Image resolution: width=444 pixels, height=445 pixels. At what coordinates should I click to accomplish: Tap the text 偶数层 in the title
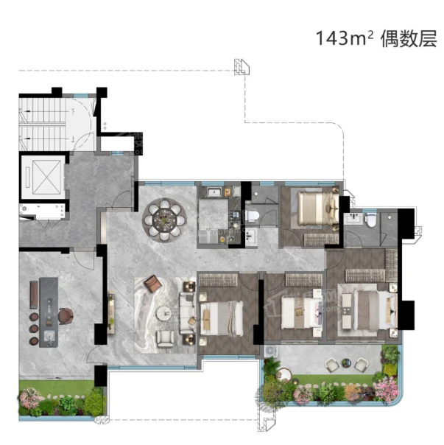point(409,38)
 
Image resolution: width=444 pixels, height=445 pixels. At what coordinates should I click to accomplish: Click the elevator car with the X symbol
point(46,178)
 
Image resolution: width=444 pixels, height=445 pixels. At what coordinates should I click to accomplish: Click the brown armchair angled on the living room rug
point(152,283)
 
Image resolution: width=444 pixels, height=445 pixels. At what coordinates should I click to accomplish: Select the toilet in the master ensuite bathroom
point(371,220)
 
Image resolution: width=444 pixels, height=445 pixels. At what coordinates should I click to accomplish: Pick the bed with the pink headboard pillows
point(302,312)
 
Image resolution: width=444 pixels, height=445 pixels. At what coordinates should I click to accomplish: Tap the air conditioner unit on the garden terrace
point(271,351)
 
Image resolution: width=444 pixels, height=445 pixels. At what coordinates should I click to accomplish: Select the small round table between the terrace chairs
point(346,362)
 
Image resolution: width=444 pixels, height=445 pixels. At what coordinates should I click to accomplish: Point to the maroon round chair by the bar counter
point(66,316)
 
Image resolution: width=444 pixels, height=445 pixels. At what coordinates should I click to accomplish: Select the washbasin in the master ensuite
point(353,219)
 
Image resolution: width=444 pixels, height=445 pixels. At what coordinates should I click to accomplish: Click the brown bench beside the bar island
point(34,295)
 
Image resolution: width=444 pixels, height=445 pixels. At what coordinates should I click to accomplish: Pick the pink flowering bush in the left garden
point(29,398)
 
